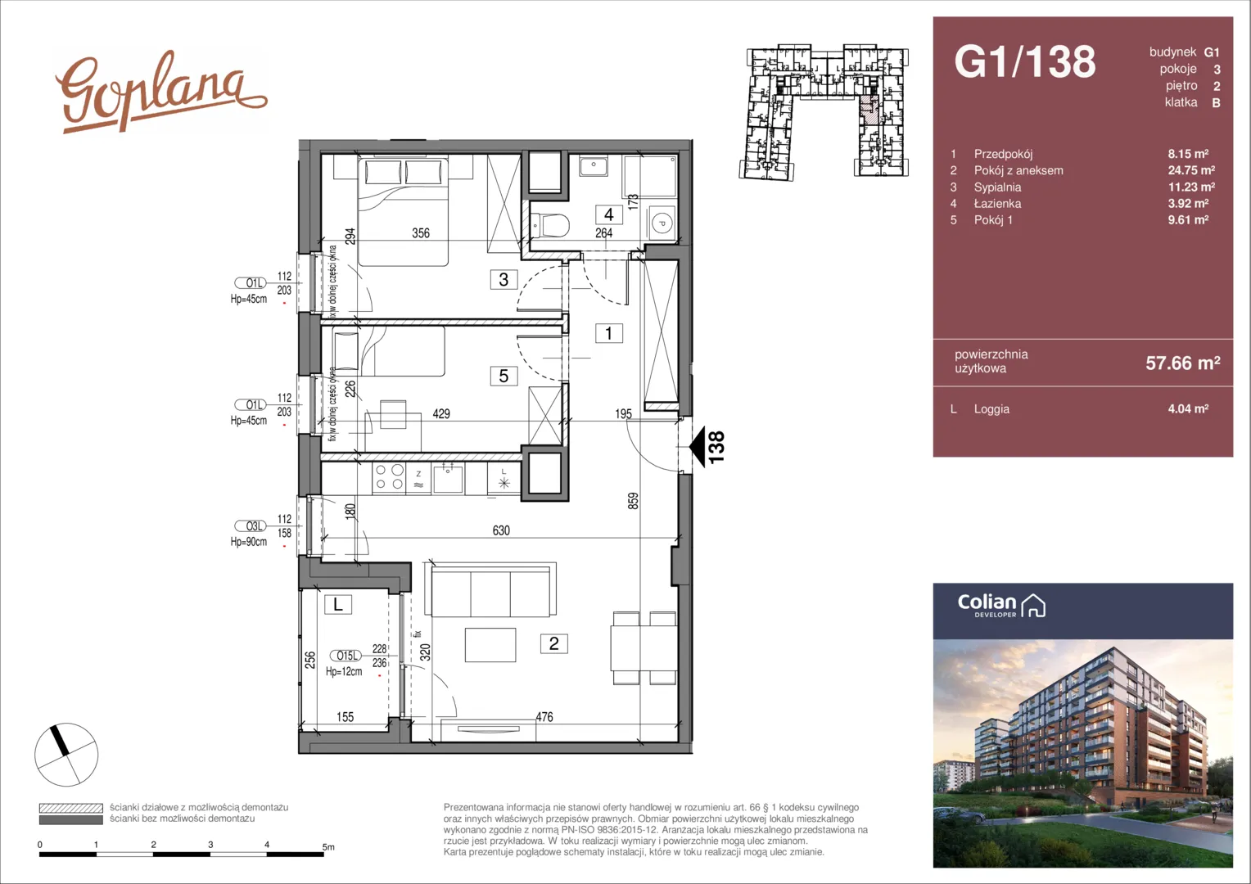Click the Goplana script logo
click(160, 92)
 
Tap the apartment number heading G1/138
click(1025, 61)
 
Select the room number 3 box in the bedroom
click(504, 279)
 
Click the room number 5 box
click(504, 376)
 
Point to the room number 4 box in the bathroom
click(609, 214)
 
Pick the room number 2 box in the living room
click(553, 643)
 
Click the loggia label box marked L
click(338, 604)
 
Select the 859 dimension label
click(633, 500)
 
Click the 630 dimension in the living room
click(501, 530)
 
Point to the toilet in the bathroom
click(550, 226)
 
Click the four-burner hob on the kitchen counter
click(389, 477)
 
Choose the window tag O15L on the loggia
click(347, 656)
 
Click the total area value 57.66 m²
click(1183, 363)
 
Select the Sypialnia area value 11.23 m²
click(1191, 187)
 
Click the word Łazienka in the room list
click(997, 204)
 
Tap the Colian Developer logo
click(1001, 606)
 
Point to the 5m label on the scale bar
click(328, 847)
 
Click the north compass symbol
click(66, 755)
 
